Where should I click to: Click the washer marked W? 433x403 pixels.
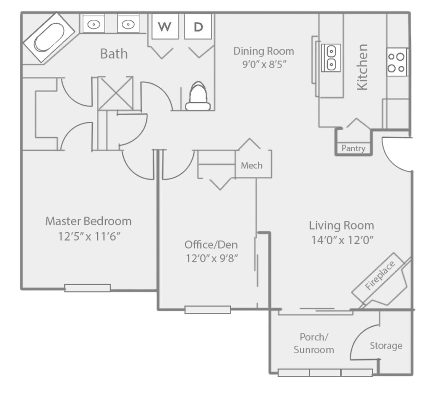[x=165, y=26]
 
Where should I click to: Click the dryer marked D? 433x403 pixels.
[x=198, y=26]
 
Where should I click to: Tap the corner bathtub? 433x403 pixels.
[x=49, y=38]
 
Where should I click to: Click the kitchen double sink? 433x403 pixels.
[x=331, y=58]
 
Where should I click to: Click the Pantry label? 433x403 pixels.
[x=353, y=148]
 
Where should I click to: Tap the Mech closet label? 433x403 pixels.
[x=251, y=166]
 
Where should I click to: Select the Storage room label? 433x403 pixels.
[x=386, y=346]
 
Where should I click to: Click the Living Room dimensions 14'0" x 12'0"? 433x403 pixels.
[x=342, y=240]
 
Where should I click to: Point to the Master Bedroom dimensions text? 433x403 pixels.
[x=89, y=236]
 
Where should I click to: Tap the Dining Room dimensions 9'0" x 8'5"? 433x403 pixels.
[x=264, y=64]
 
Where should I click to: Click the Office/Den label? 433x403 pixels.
[x=211, y=245]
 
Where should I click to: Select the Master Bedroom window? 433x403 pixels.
[x=87, y=288]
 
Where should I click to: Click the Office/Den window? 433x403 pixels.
[x=207, y=310]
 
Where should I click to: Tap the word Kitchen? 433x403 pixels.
[x=363, y=67]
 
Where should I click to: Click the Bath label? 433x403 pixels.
[x=114, y=54]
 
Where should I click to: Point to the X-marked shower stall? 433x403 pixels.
[x=116, y=93]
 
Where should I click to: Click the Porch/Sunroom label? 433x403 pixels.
[x=314, y=343]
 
